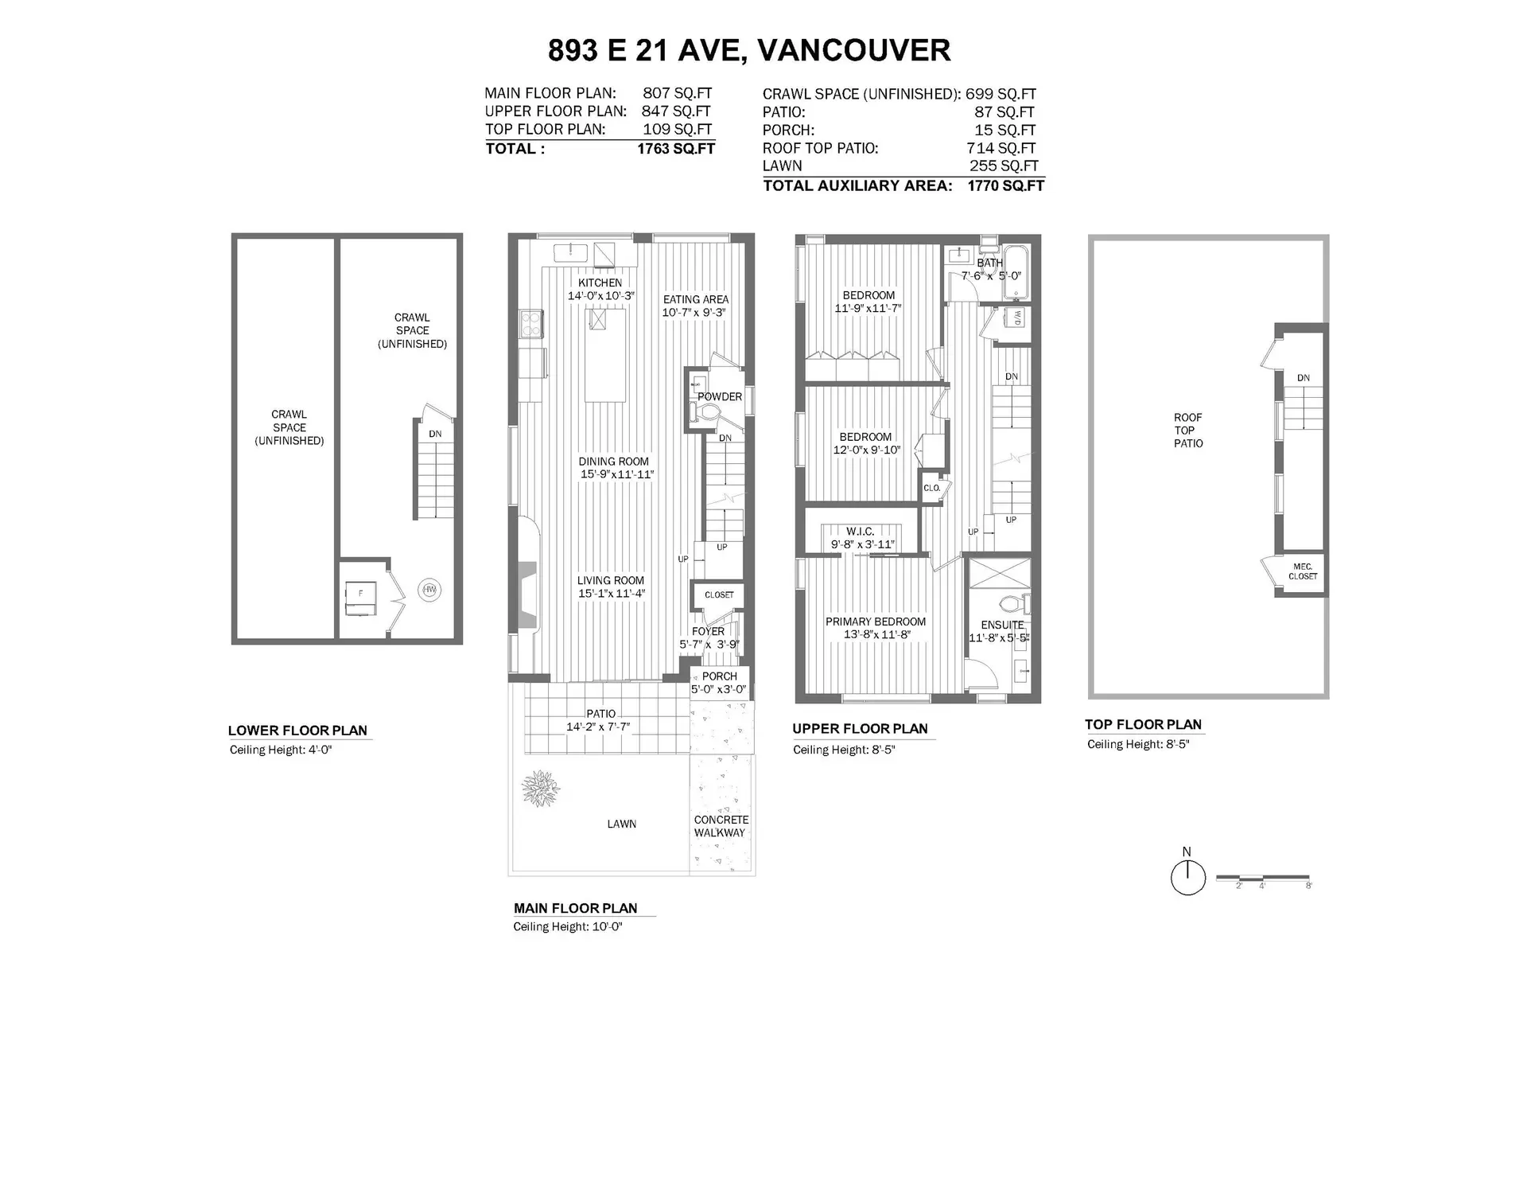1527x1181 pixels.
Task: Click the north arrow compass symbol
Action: (1187, 879)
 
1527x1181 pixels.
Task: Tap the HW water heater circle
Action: (429, 590)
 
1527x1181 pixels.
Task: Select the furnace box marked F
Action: (359, 598)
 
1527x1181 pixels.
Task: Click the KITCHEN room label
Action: (600, 283)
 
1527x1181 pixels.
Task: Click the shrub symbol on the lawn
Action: (541, 788)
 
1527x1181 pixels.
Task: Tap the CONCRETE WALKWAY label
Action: (721, 826)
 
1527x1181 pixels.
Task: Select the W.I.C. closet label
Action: (861, 531)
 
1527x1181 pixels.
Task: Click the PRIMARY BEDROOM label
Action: (875, 622)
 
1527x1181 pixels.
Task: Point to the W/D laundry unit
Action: (1016, 318)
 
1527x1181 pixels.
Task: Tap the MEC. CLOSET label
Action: (1303, 571)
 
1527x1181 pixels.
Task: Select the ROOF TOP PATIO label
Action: (1188, 431)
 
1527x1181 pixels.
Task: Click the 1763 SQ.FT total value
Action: (675, 149)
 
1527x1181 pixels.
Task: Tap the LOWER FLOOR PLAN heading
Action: (297, 731)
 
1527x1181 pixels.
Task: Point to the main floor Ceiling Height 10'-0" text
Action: (567, 926)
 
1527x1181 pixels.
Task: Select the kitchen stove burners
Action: (531, 323)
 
